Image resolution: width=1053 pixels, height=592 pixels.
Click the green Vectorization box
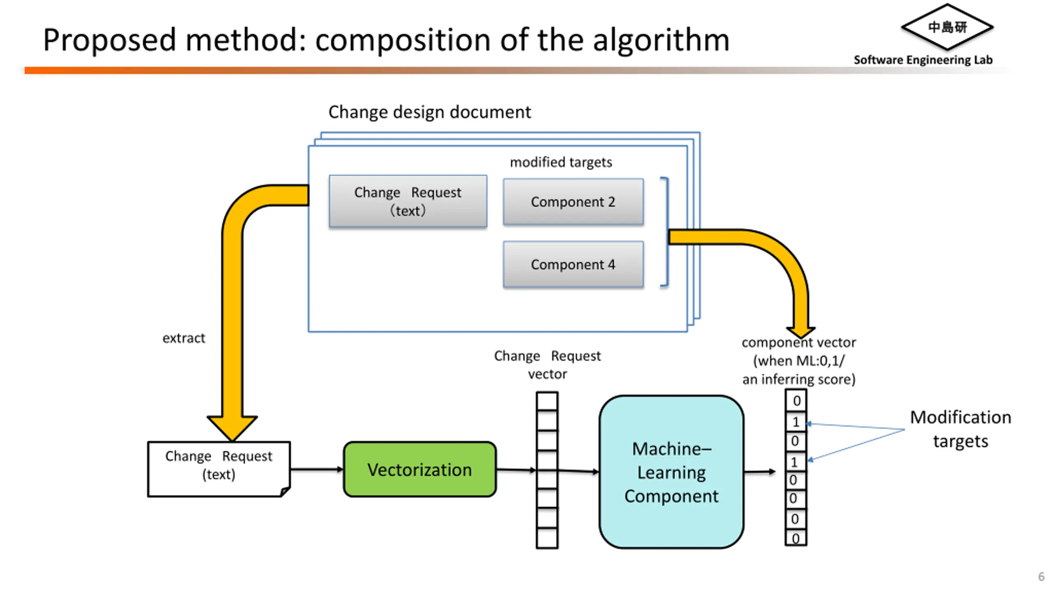[420, 469]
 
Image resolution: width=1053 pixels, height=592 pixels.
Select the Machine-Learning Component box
[671, 472]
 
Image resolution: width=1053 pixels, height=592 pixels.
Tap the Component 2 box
[573, 201]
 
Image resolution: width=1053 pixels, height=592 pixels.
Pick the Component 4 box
[573, 264]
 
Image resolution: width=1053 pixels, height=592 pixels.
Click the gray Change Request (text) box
[408, 201]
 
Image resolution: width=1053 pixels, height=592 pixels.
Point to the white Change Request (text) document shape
[219, 469]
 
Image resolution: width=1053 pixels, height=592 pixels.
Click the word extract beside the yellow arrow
[183, 338]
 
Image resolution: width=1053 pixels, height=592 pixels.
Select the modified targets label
[561, 162]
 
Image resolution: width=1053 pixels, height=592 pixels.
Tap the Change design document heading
[429, 112]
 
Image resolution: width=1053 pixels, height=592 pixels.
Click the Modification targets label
[960, 429]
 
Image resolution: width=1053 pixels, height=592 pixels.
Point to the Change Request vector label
[547, 365]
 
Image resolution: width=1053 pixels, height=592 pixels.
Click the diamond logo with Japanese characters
[947, 27]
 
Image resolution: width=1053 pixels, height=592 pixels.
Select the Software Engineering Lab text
[923, 60]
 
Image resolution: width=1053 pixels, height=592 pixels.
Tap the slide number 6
[1041, 576]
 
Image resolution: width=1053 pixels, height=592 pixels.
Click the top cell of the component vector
[796, 400]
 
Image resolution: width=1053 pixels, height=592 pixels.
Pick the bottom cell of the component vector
[796, 538]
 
